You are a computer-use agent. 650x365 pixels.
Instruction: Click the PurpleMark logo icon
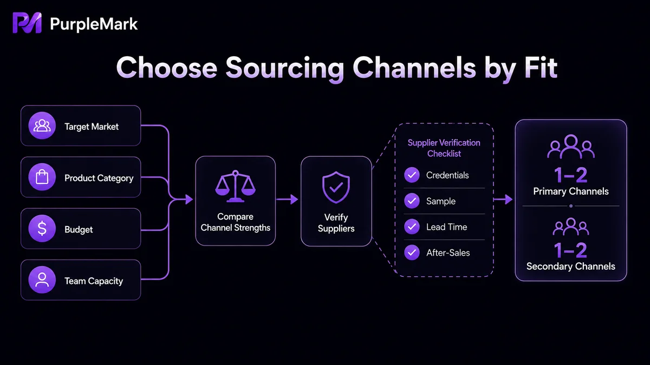click(x=27, y=23)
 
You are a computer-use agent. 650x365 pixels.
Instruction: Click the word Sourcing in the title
click(x=285, y=68)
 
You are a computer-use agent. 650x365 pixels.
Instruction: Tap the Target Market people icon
click(x=42, y=125)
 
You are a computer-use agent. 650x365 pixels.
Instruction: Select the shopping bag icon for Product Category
click(x=42, y=177)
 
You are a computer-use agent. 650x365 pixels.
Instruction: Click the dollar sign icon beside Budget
click(x=42, y=228)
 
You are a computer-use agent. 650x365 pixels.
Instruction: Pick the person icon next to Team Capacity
click(x=42, y=280)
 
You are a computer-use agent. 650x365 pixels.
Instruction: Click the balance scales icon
click(x=235, y=186)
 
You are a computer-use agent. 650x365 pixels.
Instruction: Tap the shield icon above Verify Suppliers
click(x=336, y=187)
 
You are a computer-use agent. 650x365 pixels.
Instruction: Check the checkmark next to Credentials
click(x=412, y=175)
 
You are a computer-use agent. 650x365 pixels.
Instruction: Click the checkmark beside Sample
click(x=412, y=201)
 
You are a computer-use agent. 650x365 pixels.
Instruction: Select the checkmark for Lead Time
click(x=412, y=227)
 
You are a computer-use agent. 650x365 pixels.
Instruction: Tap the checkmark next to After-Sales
click(x=412, y=253)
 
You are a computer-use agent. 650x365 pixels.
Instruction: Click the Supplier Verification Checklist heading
click(x=444, y=148)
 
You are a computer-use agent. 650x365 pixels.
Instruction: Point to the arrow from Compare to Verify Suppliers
click(x=287, y=200)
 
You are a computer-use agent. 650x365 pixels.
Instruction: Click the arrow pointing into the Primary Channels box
click(x=503, y=200)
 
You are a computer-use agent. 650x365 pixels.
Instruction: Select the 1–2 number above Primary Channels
click(x=571, y=175)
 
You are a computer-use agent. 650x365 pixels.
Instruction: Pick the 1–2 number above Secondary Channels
click(x=571, y=250)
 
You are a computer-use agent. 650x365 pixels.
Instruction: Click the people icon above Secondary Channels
click(x=571, y=227)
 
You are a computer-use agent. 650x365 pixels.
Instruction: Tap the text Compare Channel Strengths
click(x=235, y=222)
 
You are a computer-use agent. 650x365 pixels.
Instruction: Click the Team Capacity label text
click(x=94, y=281)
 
